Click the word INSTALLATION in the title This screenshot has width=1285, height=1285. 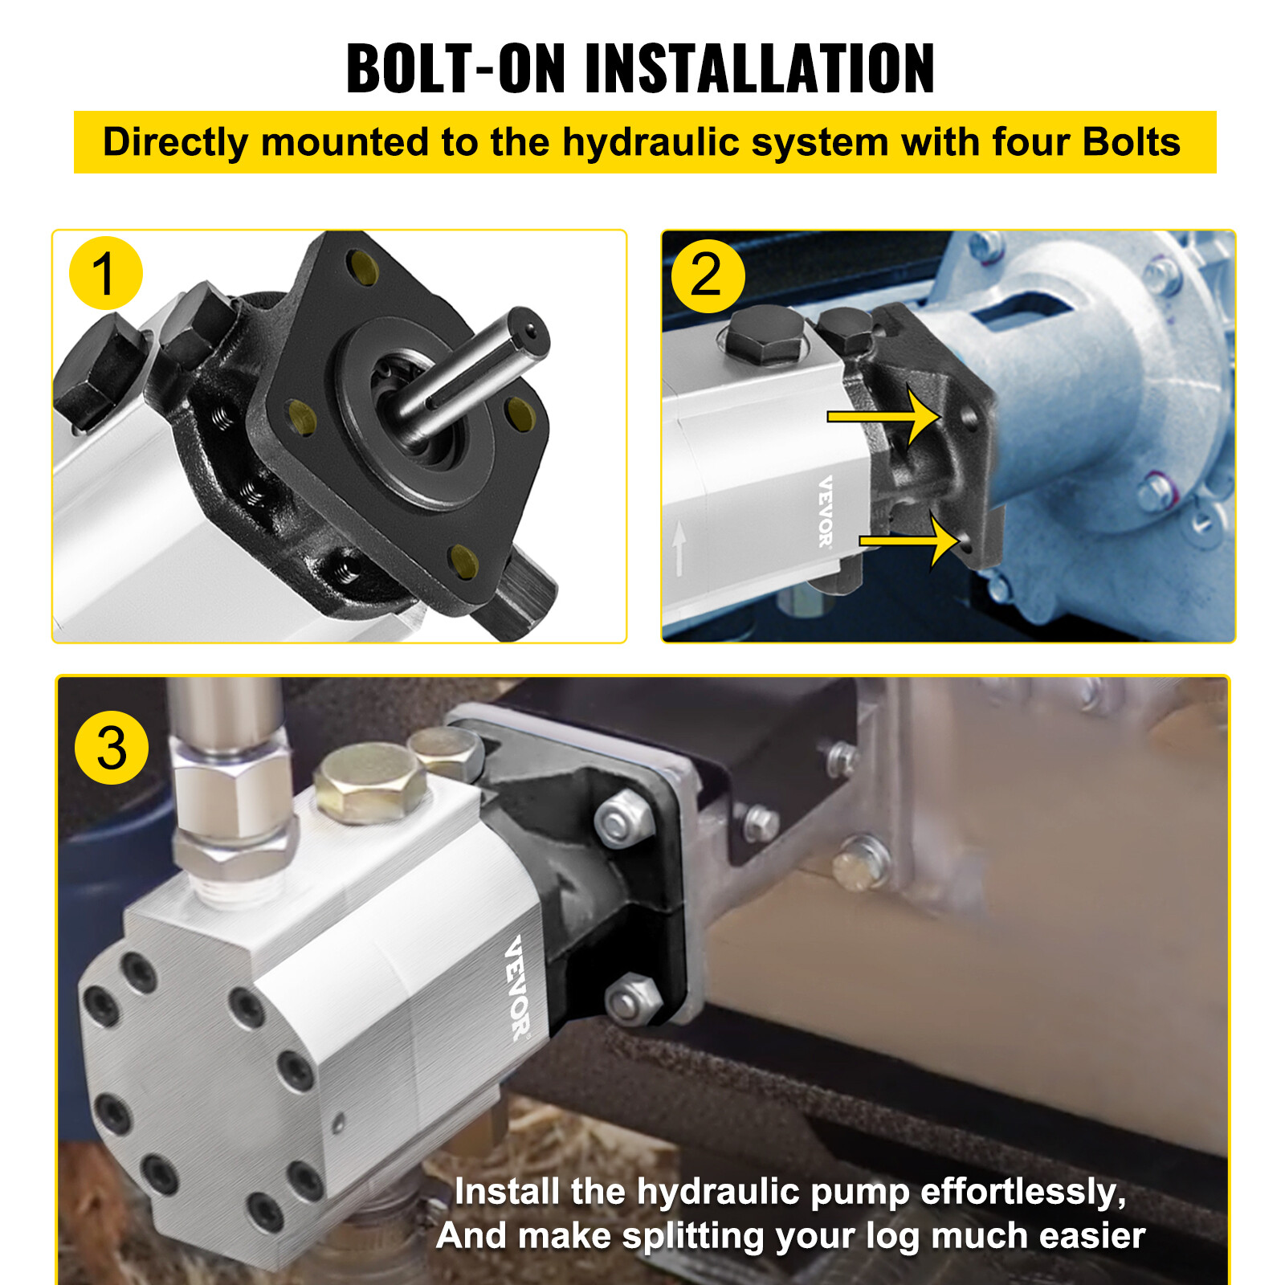pyautogui.click(x=759, y=69)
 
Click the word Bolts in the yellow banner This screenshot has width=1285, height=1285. pyautogui.click(x=1131, y=143)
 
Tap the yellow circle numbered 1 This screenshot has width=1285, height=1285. pyautogui.click(x=106, y=273)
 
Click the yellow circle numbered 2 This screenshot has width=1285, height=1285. pyautogui.click(x=708, y=275)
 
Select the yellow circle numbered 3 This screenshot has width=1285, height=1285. pyautogui.click(x=112, y=748)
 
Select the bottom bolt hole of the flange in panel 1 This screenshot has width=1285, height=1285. pyautogui.click(x=462, y=560)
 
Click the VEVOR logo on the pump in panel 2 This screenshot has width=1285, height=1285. pyautogui.click(x=826, y=512)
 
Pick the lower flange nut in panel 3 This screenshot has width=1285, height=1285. pyautogui.click(x=631, y=1000)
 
